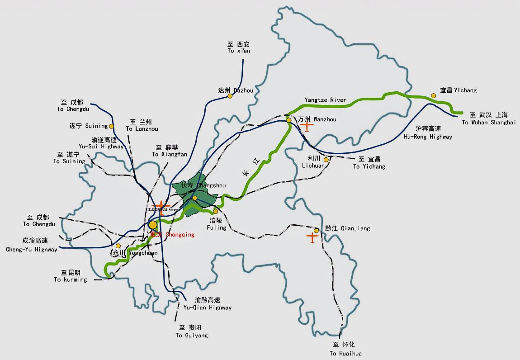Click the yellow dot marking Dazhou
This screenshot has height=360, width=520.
point(230,96)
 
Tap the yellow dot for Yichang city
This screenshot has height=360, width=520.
point(433,95)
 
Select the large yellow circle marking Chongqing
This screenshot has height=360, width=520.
point(153,225)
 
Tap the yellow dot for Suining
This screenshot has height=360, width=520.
point(111,126)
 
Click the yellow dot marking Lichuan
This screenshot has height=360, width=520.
point(326,159)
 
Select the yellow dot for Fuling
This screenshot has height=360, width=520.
point(215,211)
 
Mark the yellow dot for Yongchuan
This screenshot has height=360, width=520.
point(118,246)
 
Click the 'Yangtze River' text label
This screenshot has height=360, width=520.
point(325,100)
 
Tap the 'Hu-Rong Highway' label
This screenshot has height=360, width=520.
point(428,137)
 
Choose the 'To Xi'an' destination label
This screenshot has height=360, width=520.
point(239,51)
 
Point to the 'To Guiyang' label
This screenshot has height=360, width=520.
point(192,336)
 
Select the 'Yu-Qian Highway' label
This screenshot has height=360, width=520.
point(208,308)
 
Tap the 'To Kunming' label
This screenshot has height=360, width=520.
point(71,279)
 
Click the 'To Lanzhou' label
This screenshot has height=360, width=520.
point(142,129)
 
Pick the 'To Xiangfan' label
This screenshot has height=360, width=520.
point(169,154)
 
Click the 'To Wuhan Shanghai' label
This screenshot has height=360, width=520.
point(488,123)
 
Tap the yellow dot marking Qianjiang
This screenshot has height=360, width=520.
point(317,230)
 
